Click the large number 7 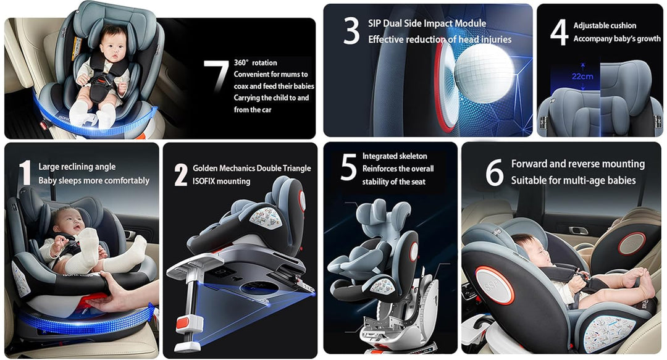[x=217, y=76]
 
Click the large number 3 [x=351, y=31]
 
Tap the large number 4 [x=559, y=32]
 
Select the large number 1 [x=26, y=172]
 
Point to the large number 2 [x=181, y=175]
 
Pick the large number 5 [x=349, y=168]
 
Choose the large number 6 [x=494, y=172]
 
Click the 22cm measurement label [x=582, y=77]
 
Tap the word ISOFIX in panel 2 [x=206, y=182]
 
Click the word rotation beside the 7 [x=264, y=63]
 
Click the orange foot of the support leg [x=184, y=324]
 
